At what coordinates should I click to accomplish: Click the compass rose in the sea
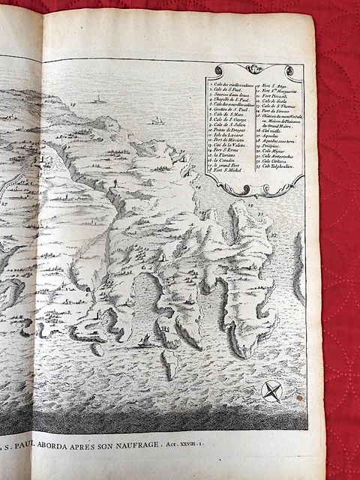[272, 391]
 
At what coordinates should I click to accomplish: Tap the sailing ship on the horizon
[157, 120]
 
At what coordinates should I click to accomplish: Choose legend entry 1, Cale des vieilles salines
[231, 85]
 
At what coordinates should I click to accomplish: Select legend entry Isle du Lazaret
[226, 135]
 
